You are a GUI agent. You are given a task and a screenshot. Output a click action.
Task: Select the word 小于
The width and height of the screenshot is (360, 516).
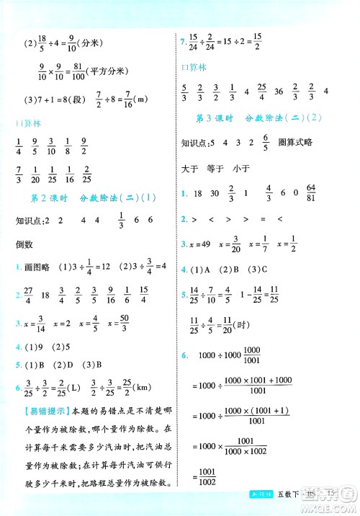click(x=241, y=168)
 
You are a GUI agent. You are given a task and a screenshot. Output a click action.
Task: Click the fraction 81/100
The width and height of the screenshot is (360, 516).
click(x=77, y=71)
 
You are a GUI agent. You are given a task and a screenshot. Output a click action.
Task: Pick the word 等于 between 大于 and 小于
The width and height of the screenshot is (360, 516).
click(x=215, y=168)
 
